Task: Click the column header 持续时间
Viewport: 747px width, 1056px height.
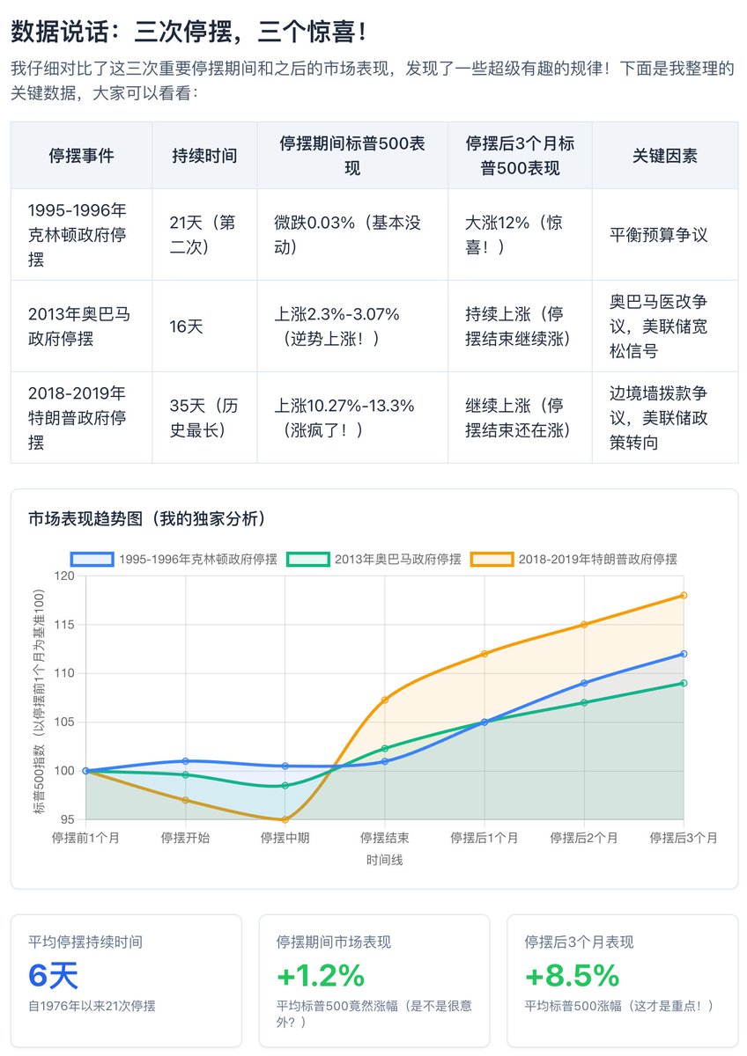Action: click(204, 156)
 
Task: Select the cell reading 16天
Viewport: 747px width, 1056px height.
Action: click(186, 326)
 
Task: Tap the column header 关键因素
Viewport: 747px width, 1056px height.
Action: click(665, 156)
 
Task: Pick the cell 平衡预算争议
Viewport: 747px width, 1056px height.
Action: click(658, 235)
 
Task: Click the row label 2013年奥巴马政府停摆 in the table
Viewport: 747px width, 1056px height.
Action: click(78, 326)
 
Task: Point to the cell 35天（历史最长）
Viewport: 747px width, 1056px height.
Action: click(203, 418)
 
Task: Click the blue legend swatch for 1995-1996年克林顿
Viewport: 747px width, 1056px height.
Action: click(92, 559)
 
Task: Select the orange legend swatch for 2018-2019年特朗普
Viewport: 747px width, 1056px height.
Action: click(492, 559)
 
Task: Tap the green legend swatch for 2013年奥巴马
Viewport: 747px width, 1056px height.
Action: click(307, 559)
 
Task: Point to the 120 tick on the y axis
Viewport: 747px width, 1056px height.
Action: click(64, 576)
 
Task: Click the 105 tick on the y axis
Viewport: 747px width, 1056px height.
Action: click(64, 722)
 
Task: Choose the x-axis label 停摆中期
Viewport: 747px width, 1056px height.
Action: click(285, 838)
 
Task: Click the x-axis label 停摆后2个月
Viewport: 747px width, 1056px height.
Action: click(584, 838)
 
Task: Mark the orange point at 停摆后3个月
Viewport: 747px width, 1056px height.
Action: click(684, 596)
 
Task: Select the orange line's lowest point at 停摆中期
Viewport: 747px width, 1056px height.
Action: click(285, 820)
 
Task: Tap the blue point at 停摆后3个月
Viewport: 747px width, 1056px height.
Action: click(684, 654)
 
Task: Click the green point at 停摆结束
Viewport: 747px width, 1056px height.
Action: click(385, 748)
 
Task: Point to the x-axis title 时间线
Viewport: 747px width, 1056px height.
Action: click(385, 860)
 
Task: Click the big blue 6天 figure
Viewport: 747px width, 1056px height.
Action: click(53, 975)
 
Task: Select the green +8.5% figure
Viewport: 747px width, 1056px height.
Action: click(572, 975)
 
